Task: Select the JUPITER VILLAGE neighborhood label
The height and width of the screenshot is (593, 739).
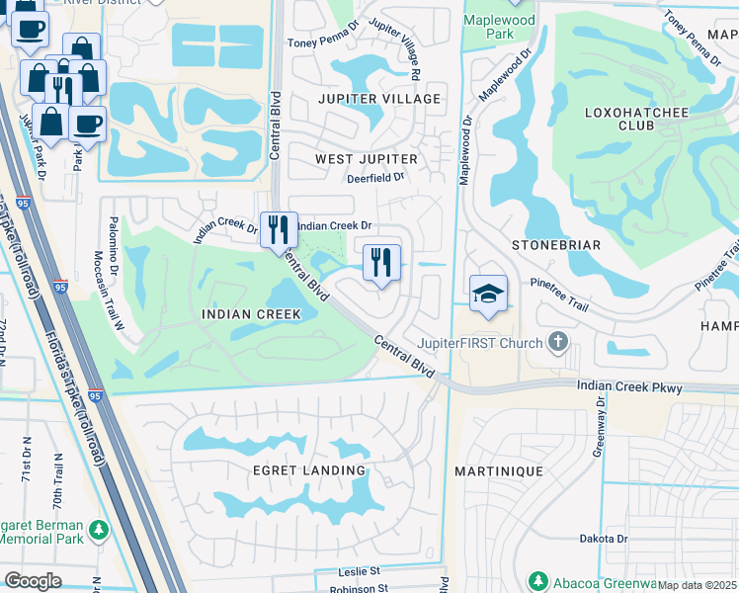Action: click(x=379, y=99)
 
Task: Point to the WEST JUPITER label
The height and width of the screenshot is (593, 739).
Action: click(x=367, y=159)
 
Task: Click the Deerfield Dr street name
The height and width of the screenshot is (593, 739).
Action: click(x=375, y=178)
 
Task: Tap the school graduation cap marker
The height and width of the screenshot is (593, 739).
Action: click(x=488, y=295)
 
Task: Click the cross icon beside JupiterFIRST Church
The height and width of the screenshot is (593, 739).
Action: click(x=557, y=343)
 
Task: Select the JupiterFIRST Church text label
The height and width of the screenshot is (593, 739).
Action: click(x=480, y=343)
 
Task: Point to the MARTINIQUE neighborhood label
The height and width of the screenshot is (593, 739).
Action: click(x=499, y=471)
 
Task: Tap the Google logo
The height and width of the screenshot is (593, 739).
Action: click(x=33, y=580)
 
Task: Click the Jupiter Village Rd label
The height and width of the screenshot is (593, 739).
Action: click(x=397, y=49)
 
